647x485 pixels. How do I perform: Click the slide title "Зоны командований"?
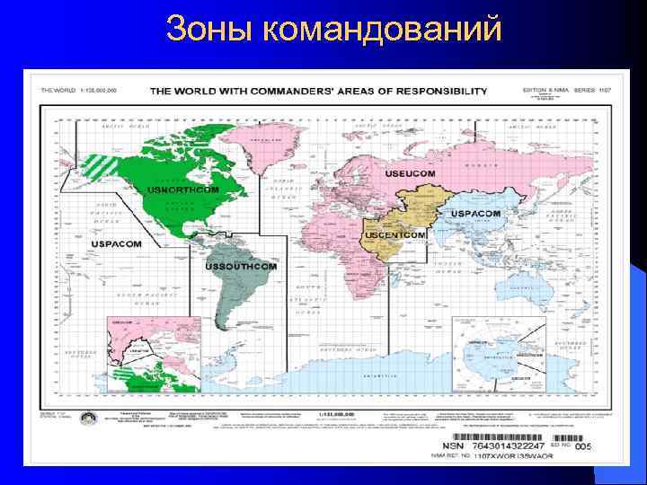333,31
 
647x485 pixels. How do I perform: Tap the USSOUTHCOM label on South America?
242,268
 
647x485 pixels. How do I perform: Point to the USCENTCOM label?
394,234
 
